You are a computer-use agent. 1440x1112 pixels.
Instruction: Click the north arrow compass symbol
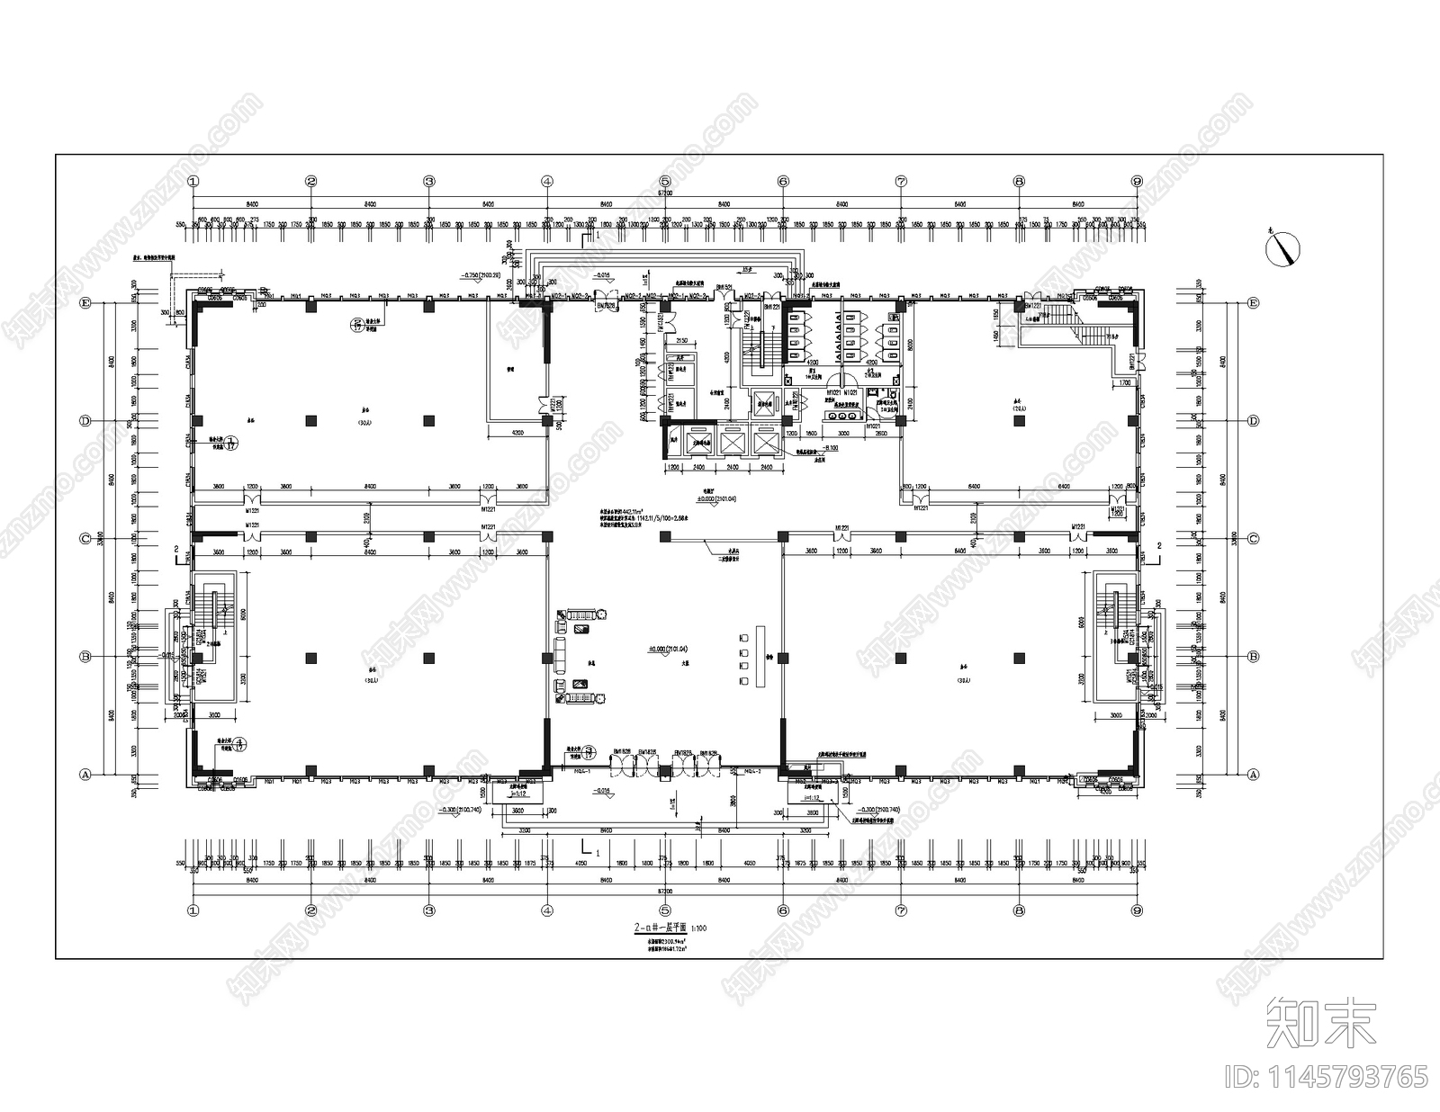[x=1285, y=246]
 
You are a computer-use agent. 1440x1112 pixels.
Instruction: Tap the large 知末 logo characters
[x=1322, y=1023]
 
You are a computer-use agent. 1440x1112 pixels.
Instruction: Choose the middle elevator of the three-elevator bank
[x=731, y=441]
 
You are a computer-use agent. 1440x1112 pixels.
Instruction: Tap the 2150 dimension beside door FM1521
[x=681, y=341]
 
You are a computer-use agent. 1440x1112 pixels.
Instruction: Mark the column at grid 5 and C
[x=665, y=537]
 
